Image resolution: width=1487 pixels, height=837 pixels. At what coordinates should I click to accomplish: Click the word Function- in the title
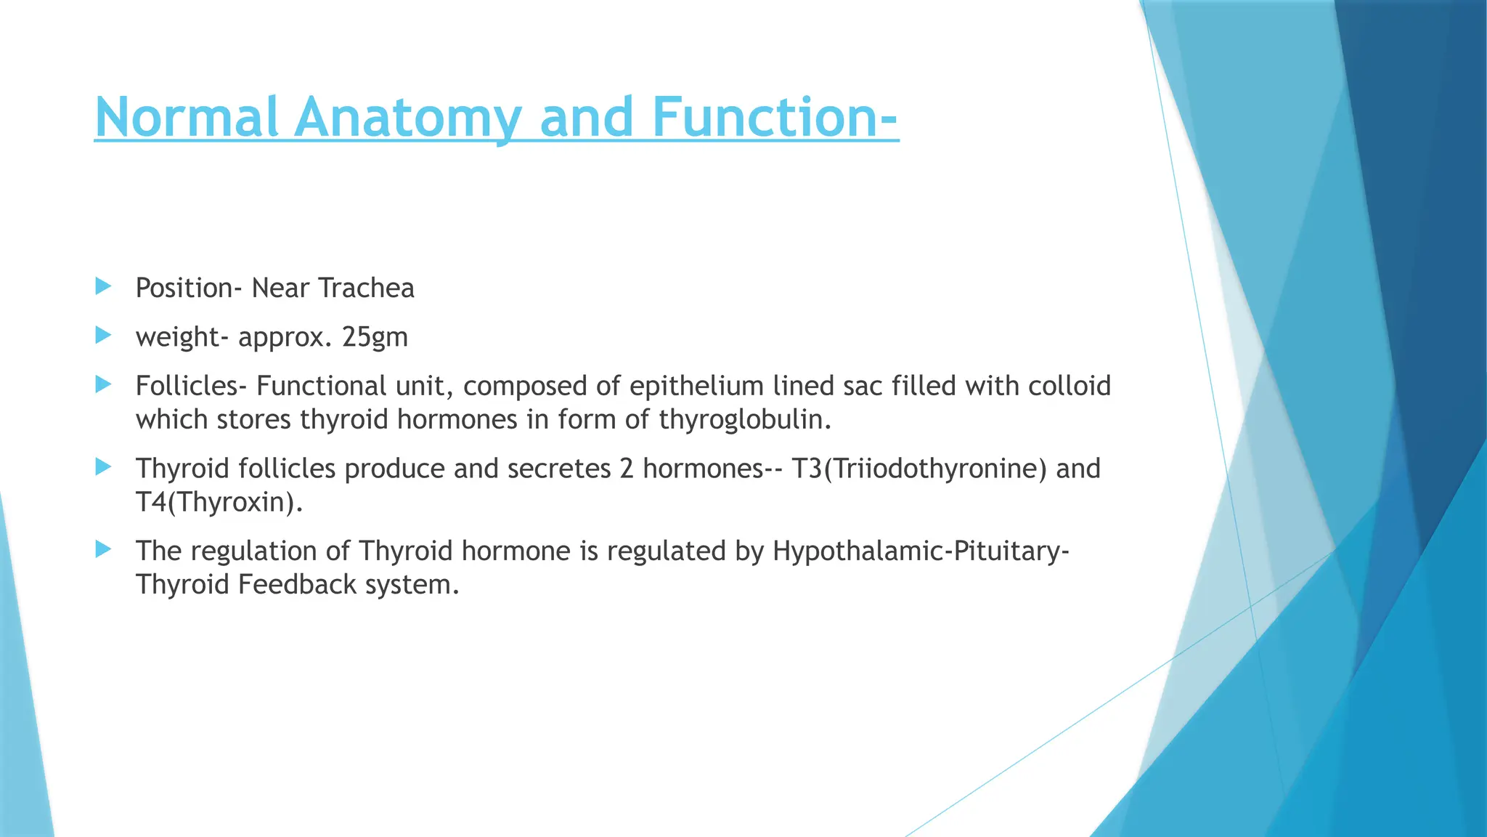click(775, 117)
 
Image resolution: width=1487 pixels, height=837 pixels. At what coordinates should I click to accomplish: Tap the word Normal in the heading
click(187, 117)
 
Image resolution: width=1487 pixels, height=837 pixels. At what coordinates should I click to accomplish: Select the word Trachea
click(366, 288)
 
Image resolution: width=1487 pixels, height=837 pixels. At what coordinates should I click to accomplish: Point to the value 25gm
click(375, 337)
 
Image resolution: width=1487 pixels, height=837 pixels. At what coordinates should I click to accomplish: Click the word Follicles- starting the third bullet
click(191, 386)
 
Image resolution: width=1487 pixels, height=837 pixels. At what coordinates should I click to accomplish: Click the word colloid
click(1069, 386)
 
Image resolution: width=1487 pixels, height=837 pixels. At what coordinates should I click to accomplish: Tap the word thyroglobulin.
click(745, 420)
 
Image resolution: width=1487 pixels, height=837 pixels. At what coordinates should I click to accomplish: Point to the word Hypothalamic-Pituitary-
click(921, 551)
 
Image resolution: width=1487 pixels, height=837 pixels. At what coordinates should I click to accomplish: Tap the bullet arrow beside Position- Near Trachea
click(103, 286)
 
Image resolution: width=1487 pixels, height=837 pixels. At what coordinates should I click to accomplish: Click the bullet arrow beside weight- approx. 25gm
click(103, 335)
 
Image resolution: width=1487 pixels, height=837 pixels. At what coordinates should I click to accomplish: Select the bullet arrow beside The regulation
click(103, 549)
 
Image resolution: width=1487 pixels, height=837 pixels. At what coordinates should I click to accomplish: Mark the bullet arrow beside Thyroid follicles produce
click(103, 466)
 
